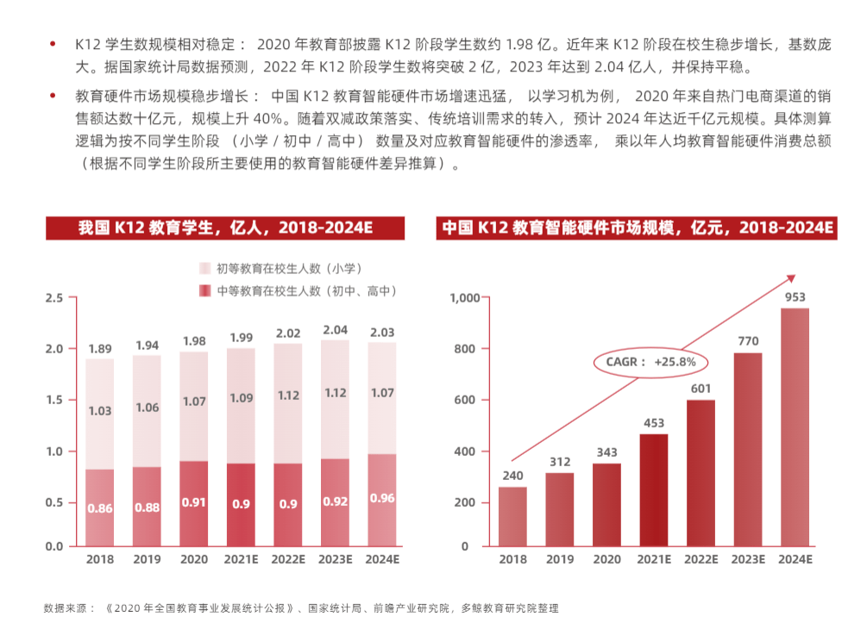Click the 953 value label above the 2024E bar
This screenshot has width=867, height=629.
[795, 297]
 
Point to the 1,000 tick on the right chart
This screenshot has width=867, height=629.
[464, 298]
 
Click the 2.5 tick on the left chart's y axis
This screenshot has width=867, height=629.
[54, 298]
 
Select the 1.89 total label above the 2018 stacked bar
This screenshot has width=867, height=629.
[100, 349]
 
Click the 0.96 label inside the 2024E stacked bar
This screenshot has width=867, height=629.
[382, 498]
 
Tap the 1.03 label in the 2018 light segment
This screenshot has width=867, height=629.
[100, 411]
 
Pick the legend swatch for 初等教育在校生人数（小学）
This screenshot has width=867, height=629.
[205, 269]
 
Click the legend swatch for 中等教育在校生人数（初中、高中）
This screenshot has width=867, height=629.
[205, 291]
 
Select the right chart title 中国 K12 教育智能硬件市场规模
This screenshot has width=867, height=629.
[638, 227]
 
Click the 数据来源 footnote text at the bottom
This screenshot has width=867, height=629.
[301, 608]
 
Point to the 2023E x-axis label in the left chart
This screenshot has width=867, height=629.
[335, 559]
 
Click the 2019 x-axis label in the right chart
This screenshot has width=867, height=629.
[559, 559]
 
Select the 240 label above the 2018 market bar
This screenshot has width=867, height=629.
[512, 475]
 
